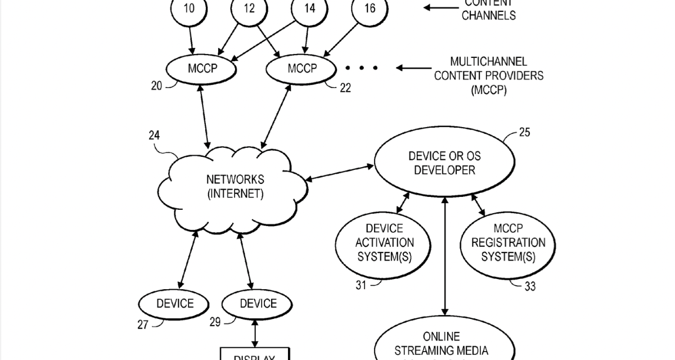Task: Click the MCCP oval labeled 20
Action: [201, 69]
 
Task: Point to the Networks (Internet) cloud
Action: [235, 187]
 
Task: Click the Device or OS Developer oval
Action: [444, 163]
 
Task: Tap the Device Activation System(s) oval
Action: [384, 242]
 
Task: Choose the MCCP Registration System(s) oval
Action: [508, 242]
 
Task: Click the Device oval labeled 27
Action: [174, 304]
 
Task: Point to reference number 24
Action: [154, 136]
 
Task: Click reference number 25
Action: [524, 133]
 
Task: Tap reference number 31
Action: [361, 285]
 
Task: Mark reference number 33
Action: [530, 287]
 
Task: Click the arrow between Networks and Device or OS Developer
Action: [340, 173]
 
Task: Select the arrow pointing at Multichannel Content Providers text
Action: [416, 68]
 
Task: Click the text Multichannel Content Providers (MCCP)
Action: [488, 75]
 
